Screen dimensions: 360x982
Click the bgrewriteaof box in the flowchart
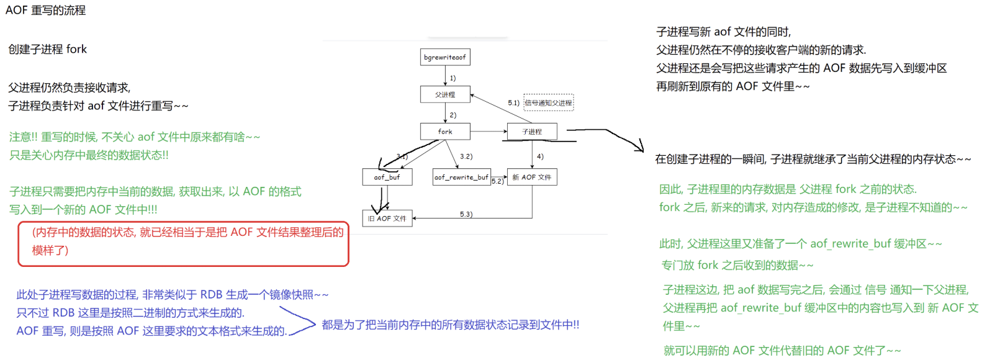[445, 57]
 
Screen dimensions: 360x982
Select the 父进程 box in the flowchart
[445, 94]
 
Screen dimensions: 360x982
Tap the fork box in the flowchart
[445, 132]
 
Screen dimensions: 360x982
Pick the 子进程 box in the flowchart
[532, 132]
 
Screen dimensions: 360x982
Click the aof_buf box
[387, 177]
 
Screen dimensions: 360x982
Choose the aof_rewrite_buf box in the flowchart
[461, 177]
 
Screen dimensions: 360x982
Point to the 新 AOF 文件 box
[532, 177]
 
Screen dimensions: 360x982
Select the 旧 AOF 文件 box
[387, 218]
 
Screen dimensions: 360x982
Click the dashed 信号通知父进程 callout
[549, 103]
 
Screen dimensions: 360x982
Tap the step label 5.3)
[466, 214]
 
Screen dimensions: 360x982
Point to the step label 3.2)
[466, 156]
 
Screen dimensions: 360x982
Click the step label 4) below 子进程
[540, 156]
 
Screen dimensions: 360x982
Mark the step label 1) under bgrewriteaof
[453, 78]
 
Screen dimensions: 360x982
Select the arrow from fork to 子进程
[489, 132]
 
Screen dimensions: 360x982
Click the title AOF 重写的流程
[46, 11]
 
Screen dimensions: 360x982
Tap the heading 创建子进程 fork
[48, 49]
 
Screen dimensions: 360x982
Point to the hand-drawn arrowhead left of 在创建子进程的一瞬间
[639, 146]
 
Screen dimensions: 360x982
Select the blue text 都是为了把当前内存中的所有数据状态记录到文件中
[450, 325]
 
